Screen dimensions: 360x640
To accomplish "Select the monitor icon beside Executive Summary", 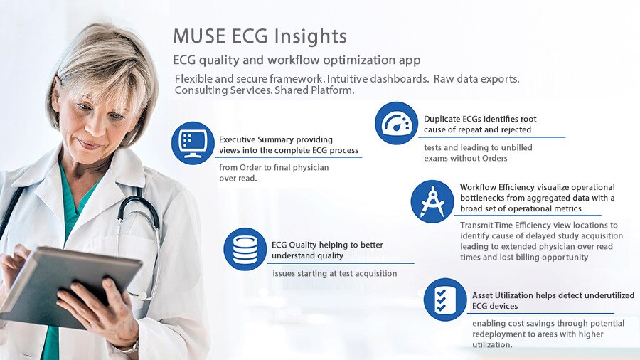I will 193,143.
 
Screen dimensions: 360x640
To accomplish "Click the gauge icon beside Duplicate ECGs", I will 396,123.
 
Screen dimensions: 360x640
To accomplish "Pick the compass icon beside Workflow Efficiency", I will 432,201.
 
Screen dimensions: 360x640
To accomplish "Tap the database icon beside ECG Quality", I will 245,249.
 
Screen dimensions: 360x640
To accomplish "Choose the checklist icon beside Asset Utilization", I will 445,300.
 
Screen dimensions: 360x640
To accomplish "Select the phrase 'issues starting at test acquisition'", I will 335,273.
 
